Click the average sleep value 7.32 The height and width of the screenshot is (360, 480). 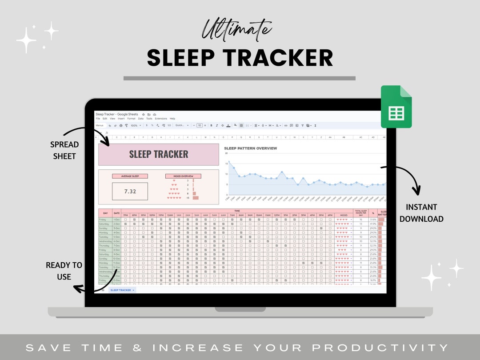coord(130,191)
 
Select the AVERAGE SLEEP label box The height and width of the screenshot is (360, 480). coord(130,176)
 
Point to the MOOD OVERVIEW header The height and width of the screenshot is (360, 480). coord(183,176)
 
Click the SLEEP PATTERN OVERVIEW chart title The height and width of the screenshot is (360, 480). coord(251,148)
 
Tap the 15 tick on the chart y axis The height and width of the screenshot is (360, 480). coord(226,164)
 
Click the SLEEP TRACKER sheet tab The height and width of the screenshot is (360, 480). coord(121,290)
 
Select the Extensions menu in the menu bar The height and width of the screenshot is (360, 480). coord(161,119)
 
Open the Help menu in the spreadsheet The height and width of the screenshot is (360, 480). coord(172,119)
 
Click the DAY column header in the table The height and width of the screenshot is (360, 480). coord(105,213)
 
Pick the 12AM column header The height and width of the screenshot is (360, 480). coord(170,215)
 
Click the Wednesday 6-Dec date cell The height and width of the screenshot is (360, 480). coord(116,241)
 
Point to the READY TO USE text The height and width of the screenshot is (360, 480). coord(64,271)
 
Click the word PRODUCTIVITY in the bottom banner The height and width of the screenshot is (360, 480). coord(381,348)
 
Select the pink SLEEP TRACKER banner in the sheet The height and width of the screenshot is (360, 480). coord(159,154)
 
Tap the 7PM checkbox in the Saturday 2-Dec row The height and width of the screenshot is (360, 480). coord(125,224)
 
